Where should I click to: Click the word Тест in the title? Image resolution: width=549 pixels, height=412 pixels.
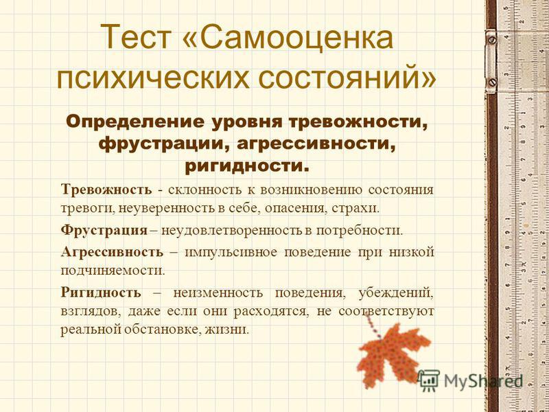click(137, 37)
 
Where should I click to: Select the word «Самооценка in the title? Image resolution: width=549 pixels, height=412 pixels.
click(288, 37)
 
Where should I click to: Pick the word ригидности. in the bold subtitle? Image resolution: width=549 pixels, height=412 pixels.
click(247, 165)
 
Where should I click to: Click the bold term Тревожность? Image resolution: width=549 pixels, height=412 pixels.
click(106, 190)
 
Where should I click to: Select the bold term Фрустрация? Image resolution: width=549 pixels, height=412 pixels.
click(104, 230)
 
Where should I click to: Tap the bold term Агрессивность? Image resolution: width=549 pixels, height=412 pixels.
click(112, 251)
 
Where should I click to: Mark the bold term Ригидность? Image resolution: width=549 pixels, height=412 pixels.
click(101, 293)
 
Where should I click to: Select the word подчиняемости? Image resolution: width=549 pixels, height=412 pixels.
click(113, 271)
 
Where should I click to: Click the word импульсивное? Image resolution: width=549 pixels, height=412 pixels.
click(231, 252)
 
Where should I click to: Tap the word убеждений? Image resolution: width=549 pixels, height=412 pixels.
click(396, 293)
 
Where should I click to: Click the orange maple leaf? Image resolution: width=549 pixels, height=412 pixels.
click(392, 353)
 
